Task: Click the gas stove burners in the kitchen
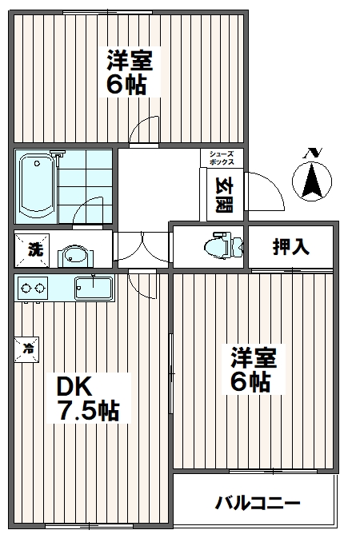click(x=32, y=287)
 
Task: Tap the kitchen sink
click(x=94, y=287)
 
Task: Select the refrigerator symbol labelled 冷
click(x=28, y=348)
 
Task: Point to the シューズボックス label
click(x=222, y=158)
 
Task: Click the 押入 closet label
click(x=290, y=247)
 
